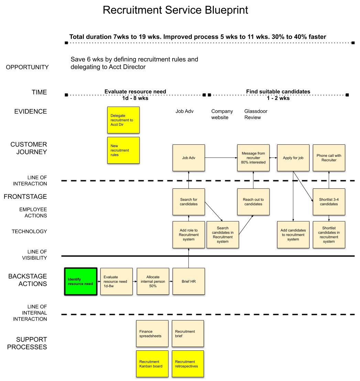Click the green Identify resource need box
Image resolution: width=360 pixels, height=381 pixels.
(81, 281)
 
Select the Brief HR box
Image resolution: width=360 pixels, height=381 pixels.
(188, 281)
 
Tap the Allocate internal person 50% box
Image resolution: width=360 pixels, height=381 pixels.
(153, 281)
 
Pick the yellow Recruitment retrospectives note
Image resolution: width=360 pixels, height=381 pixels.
(188, 364)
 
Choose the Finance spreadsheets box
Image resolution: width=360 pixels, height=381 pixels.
(152, 334)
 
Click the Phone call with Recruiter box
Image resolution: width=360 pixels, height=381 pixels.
(329, 158)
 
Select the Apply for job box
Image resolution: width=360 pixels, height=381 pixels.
(293, 158)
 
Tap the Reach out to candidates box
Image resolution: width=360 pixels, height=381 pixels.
(253, 202)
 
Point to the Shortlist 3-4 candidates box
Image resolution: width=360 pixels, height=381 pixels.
(329, 202)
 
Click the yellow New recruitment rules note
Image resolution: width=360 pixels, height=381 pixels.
(123, 150)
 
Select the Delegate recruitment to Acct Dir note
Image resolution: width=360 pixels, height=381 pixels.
(123, 120)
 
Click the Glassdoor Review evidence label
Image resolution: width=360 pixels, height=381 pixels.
(255, 114)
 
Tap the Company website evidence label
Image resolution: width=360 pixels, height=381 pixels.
(222, 114)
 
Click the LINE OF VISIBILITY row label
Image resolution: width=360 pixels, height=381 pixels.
(37, 255)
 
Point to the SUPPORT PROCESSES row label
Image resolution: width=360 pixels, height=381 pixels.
(27, 343)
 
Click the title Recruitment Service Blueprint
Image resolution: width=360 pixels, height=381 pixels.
(175, 10)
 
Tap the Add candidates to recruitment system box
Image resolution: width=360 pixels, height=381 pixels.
(293, 235)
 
